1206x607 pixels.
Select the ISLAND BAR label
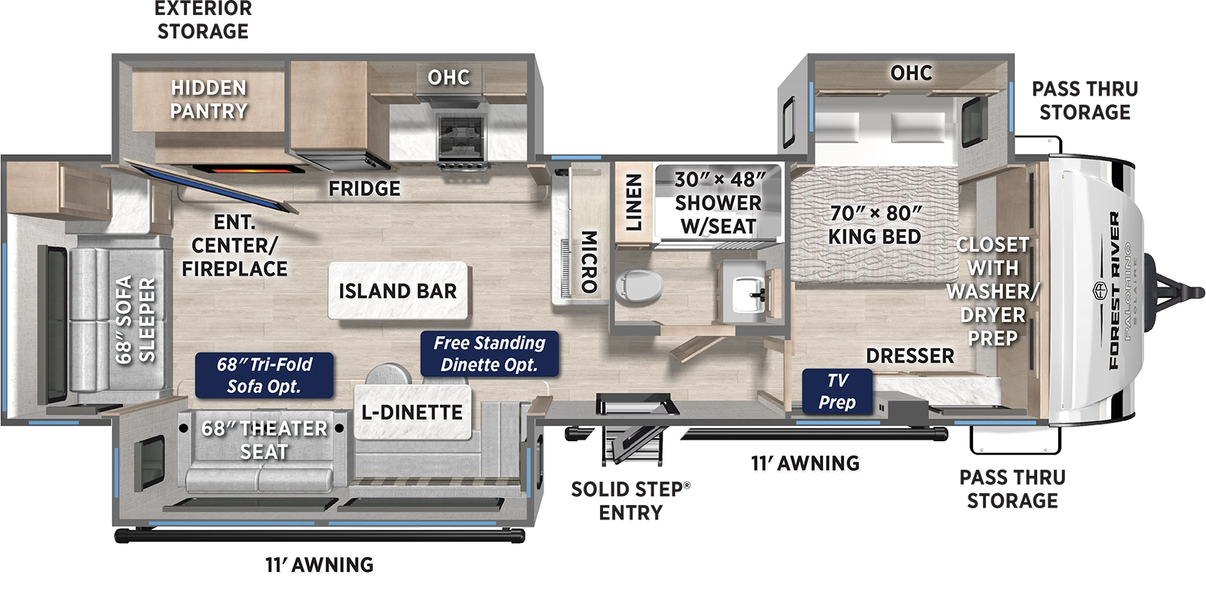[397, 291]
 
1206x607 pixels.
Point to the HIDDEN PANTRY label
[209, 100]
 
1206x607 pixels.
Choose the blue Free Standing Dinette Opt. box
[489, 354]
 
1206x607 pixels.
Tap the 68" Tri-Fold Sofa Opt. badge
[264, 376]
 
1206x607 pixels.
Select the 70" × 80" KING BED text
[874, 225]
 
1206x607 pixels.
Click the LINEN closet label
[634, 202]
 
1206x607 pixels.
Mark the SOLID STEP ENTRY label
[630, 501]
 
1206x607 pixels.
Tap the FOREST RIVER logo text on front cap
[1113, 290]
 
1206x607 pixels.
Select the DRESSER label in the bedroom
[910, 355]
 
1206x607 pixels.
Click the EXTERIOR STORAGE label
[203, 20]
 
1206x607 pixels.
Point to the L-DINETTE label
[412, 412]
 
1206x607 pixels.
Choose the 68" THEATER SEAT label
[264, 440]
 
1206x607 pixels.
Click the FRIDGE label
[364, 188]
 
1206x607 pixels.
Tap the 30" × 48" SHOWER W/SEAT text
[718, 202]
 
